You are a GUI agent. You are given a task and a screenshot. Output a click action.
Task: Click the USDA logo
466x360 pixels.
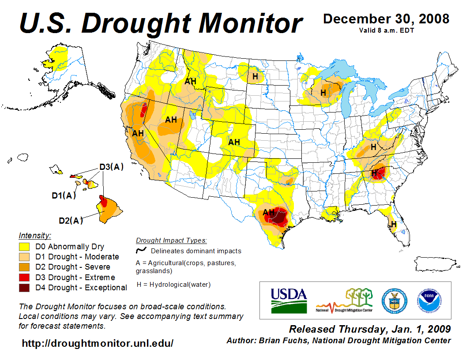(x=289, y=300)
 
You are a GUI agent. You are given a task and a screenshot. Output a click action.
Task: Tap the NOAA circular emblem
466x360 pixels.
(x=427, y=300)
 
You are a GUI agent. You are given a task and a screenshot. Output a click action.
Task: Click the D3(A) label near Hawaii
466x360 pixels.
(x=111, y=167)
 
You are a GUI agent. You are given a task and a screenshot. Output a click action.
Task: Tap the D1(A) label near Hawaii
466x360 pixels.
(x=64, y=195)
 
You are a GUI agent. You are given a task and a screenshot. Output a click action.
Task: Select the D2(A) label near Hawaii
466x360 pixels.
(x=71, y=221)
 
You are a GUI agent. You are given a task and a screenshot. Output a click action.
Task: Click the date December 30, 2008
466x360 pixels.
(x=386, y=19)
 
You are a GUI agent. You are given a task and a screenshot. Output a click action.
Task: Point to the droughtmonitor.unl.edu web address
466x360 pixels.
(x=98, y=343)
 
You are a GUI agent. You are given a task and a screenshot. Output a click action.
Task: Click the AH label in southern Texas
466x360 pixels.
(x=269, y=213)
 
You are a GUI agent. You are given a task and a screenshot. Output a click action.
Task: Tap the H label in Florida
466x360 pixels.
(x=394, y=224)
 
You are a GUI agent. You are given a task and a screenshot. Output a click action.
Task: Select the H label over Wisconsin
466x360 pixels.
(x=323, y=93)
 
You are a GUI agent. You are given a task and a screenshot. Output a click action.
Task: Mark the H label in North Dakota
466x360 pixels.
(x=255, y=76)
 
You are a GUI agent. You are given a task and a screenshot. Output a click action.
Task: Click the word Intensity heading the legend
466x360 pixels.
(x=35, y=236)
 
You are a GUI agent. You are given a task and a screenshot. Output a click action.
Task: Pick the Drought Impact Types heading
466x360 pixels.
(x=171, y=240)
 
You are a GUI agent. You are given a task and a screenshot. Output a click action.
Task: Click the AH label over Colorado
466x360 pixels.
(x=234, y=142)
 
